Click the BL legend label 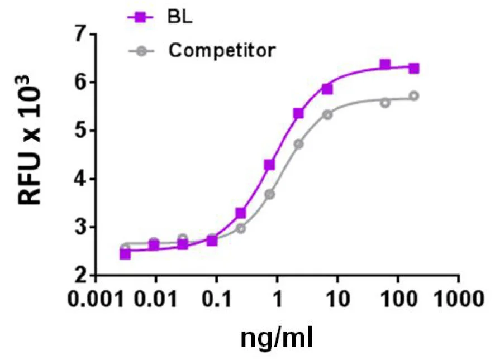(179, 17)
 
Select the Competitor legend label (222, 50)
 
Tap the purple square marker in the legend (141, 17)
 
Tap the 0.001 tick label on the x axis (96, 299)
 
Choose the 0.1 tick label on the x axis (216, 299)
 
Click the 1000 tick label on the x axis (458, 299)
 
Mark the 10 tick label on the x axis (337, 299)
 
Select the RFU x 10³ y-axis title (30, 141)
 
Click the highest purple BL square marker (385, 65)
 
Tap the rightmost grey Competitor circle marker (414, 96)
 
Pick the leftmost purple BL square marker (125, 254)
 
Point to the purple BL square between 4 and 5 (269, 165)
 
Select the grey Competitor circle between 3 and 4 (270, 194)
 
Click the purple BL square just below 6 (327, 89)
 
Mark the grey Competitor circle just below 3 (241, 228)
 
